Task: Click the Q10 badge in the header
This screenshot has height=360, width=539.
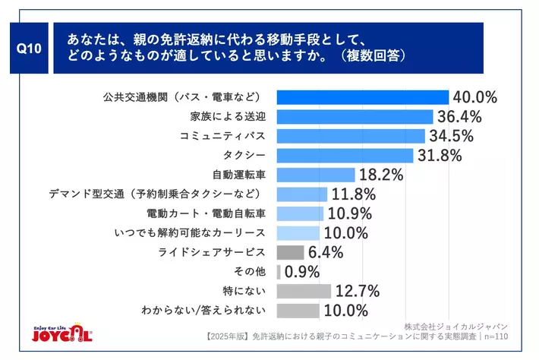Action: (x=29, y=47)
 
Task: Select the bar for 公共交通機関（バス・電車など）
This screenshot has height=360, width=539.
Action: (x=363, y=97)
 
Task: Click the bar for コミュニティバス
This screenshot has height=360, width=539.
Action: (x=351, y=136)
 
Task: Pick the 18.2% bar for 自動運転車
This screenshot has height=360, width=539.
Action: (x=316, y=175)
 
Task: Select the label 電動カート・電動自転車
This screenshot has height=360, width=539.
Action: (x=205, y=213)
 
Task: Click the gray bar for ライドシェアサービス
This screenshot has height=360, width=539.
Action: (x=291, y=252)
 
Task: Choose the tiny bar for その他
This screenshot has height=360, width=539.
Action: (x=279, y=271)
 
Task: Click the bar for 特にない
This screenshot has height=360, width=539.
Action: (x=304, y=291)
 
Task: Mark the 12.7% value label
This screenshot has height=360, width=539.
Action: (x=358, y=291)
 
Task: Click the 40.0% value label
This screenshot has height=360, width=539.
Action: (x=474, y=97)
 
